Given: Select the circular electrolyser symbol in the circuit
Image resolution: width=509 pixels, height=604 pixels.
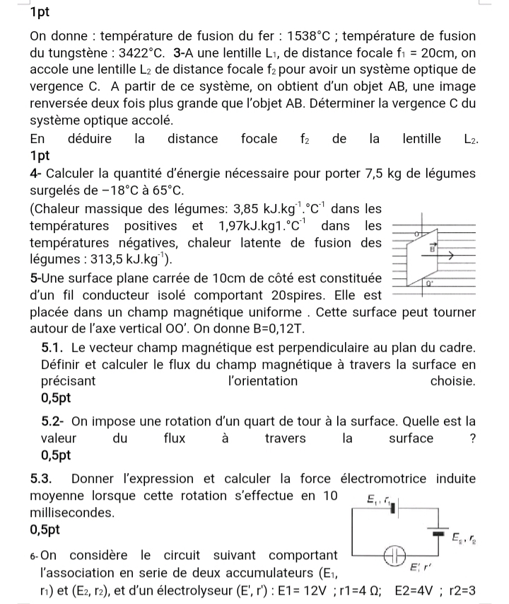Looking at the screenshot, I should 392,554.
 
